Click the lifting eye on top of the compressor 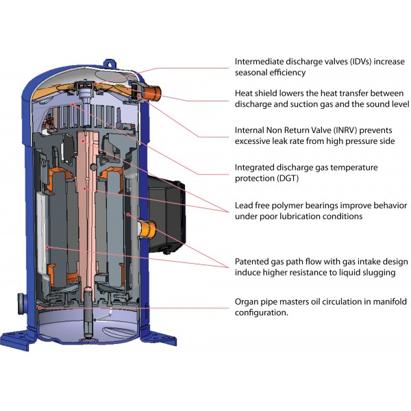(x=110, y=64)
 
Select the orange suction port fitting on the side (x=147, y=229)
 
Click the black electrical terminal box (x=166, y=214)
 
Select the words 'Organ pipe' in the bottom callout (x=256, y=302)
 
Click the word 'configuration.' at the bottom (x=262, y=313)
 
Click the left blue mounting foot (x=17, y=338)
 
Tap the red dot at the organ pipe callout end (x=40, y=308)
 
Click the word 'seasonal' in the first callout (x=251, y=73)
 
